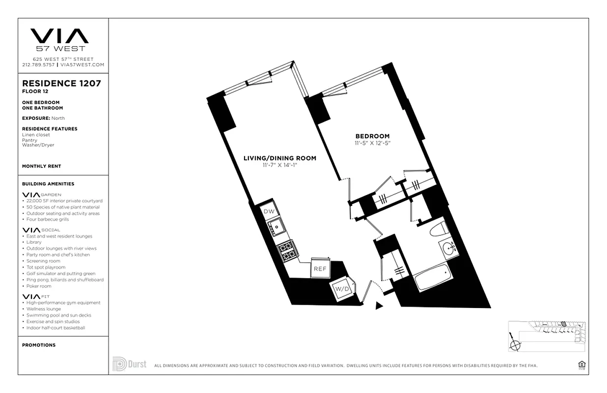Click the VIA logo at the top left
(59, 36)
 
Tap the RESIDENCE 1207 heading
(61, 83)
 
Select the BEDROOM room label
(372, 136)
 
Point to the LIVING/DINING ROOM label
(280, 158)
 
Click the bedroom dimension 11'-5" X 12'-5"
(372, 143)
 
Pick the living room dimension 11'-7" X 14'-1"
(280, 165)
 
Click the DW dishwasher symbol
(269, 211)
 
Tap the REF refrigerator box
(320, 269)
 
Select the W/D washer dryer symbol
(342, 288)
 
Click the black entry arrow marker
(379, 306)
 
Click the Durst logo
(129, 364)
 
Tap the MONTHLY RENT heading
(42, 166)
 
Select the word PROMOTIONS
(39, 345)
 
